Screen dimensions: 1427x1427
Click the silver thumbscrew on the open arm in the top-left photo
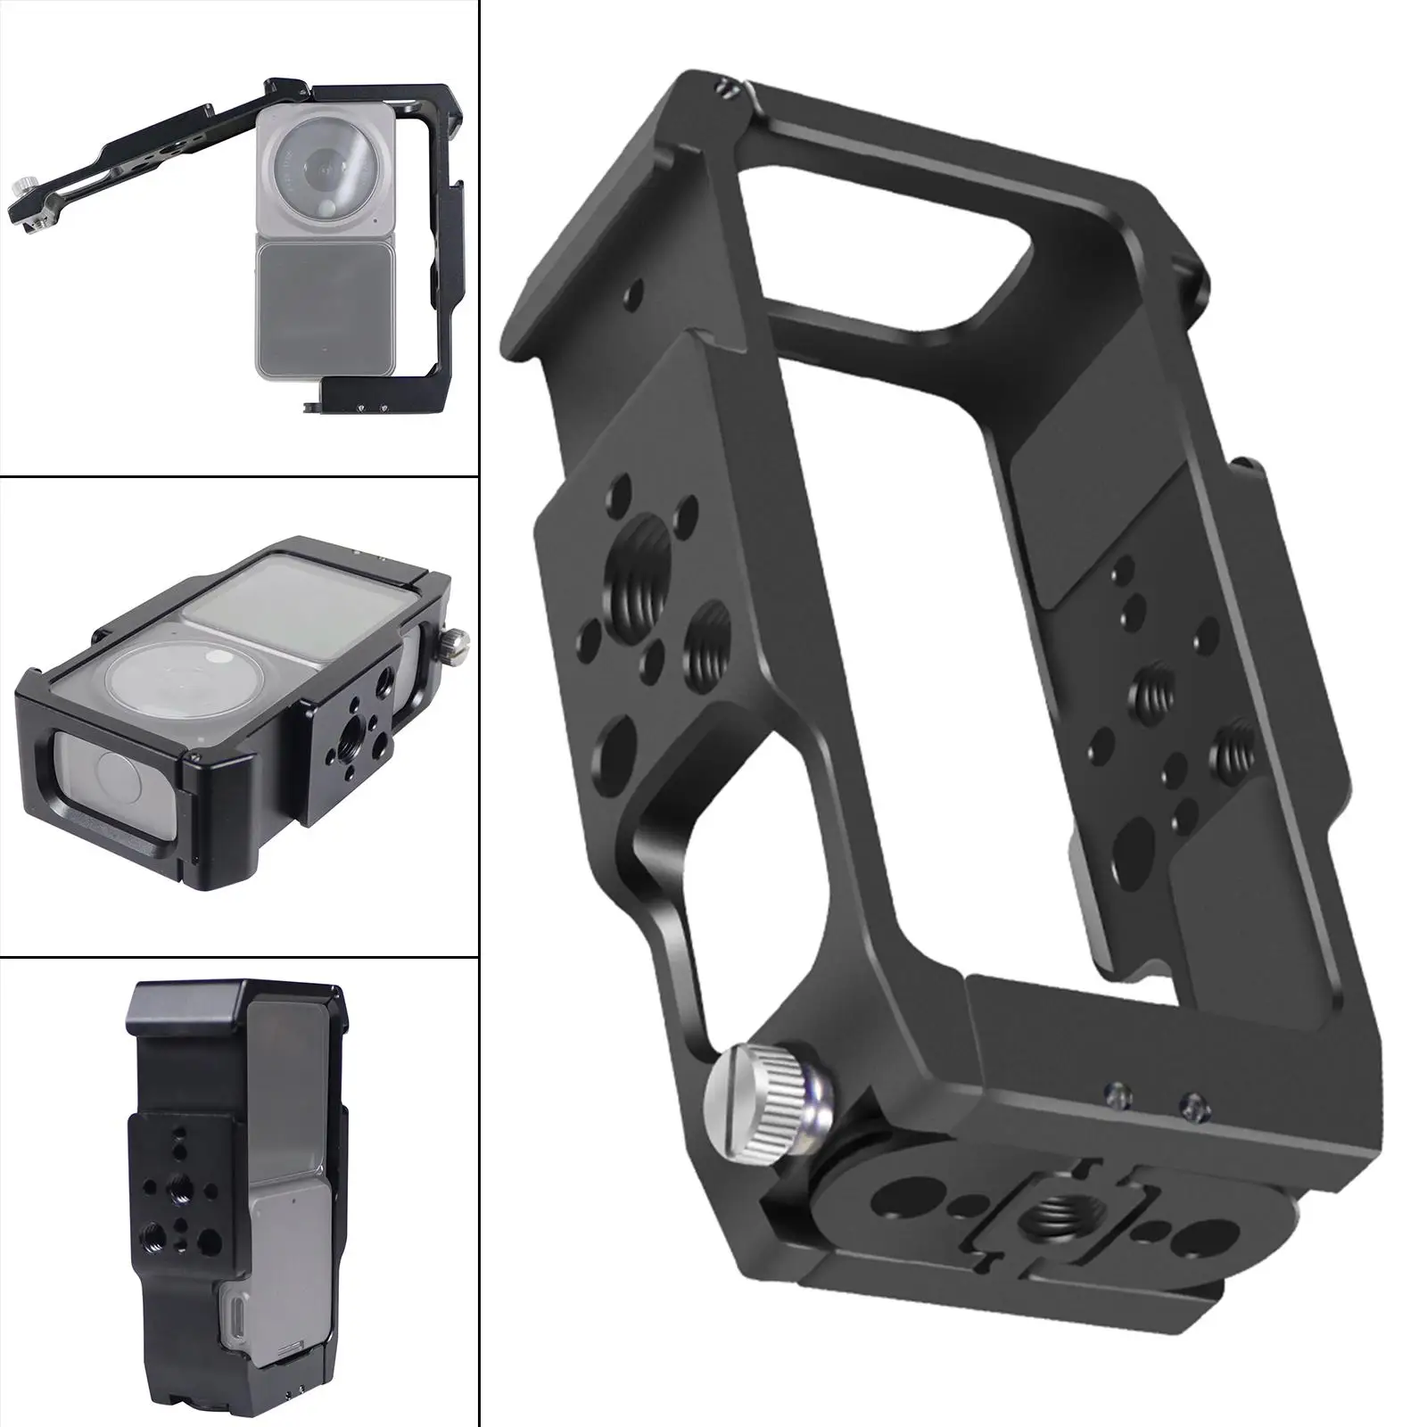point(21,190)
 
